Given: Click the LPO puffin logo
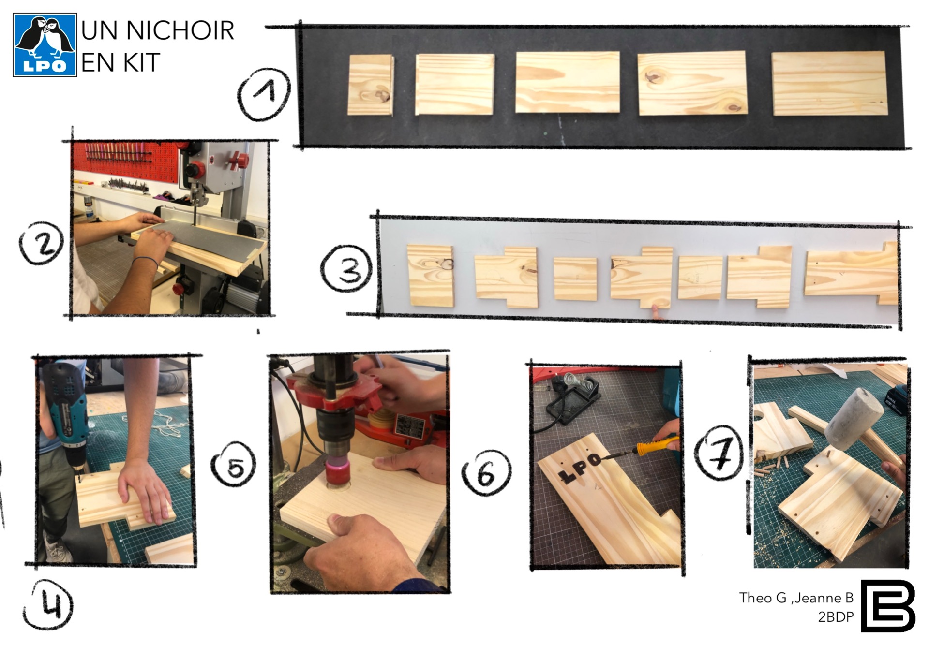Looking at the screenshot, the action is pyautogui.click(x=45, y=45).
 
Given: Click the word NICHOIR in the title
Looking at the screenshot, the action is pyautogui.click(x=180, y=30).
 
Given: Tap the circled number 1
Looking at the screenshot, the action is pyautogui.click(x=265, y=94).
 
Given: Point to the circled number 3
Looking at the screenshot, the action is pyautogui.click(x=347, y=267).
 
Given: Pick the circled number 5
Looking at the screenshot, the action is pyautogui.click(x=234, y=466).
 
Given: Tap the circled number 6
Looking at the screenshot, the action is pyautogui.click(x=486, y=473).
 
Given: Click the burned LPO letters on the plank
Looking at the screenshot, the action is pyautogui.click(x=579, y=468).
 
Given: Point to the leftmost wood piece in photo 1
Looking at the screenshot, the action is pyautogui.click(x=371, y=85).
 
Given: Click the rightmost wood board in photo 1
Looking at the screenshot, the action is pyautogui.click(x=829, y=83).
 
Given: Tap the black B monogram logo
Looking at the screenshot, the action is pyautogui.click(x=888, y=606).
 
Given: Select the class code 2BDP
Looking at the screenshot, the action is pyautogui.click(x=836, y=617).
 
